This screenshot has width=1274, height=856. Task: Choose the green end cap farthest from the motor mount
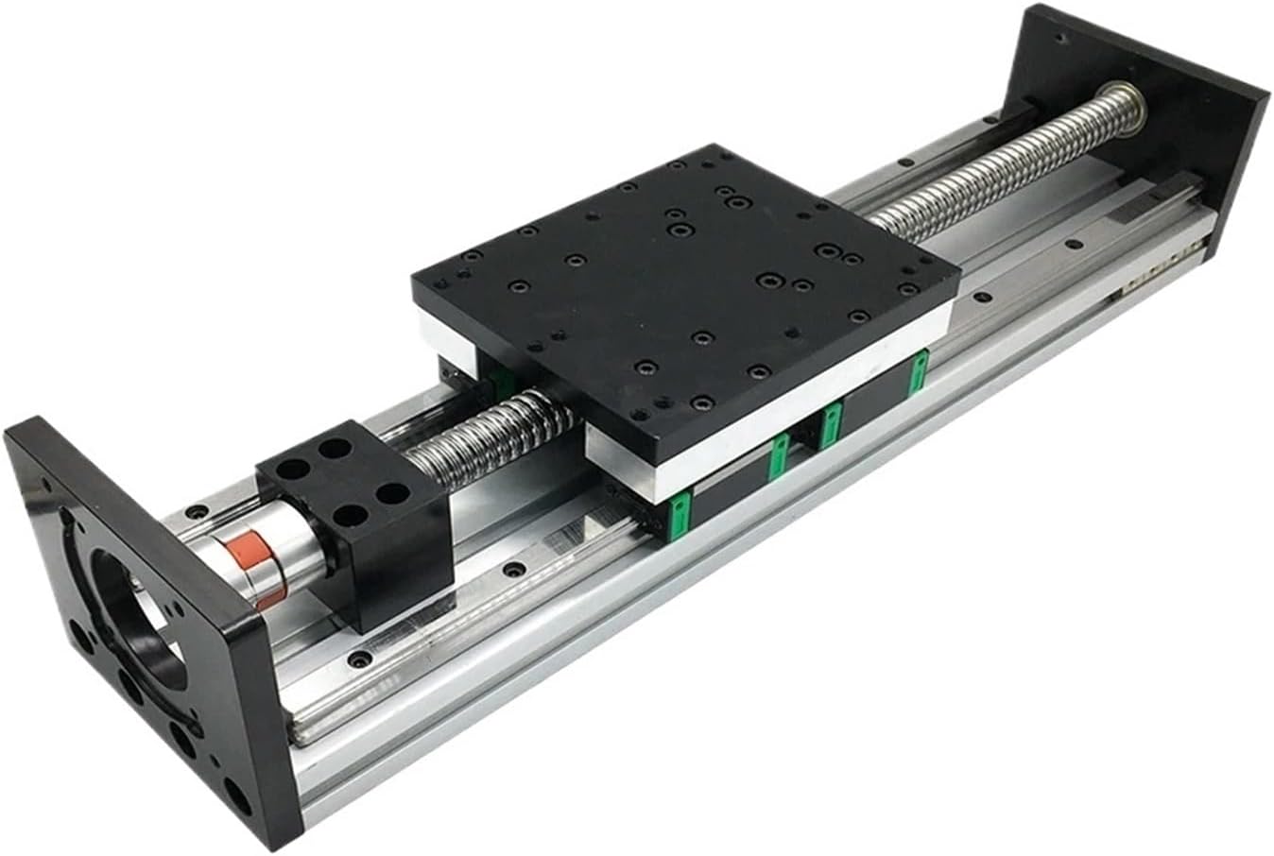(x=915, y=375)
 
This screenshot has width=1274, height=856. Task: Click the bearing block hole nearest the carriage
(x=388, y=493)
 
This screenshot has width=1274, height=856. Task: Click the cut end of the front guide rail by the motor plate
(x=301, y=732)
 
